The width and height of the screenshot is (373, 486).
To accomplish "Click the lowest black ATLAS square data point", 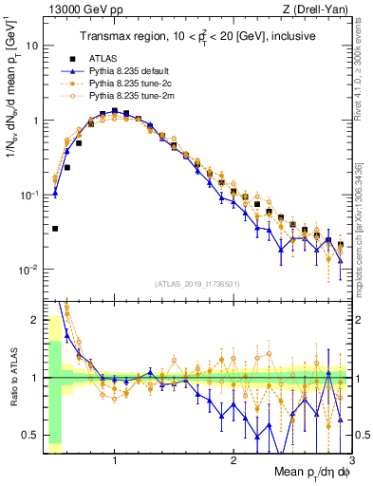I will point(55,229).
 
